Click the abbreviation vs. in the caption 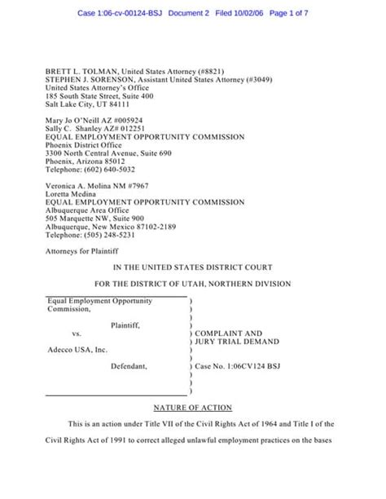point(77,333)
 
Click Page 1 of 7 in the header point(296,14)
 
